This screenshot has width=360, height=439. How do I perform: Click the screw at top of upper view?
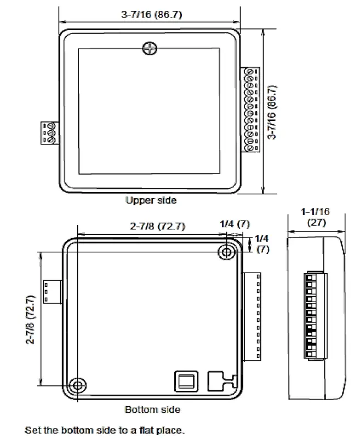click(x=150, y=49)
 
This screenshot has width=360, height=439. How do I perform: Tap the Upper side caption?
click(x=151, y=200)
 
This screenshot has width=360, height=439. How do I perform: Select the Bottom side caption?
click(x=153, y=409)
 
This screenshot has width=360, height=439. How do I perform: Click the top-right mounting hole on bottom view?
click(x=226, y=252)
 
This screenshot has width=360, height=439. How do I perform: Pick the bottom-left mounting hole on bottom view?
click(x=78, y=385)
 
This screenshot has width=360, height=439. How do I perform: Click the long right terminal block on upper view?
click(x=252, y=109)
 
